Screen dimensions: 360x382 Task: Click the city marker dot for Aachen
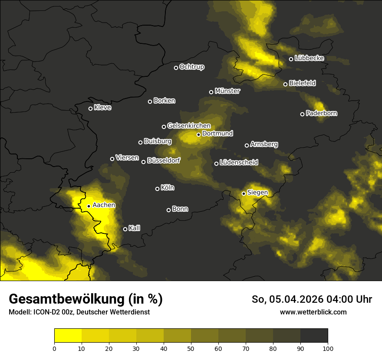89,206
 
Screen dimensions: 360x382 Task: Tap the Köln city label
167,188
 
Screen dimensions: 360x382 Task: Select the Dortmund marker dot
198,134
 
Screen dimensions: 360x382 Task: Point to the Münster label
227,91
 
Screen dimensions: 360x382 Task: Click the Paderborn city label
321,113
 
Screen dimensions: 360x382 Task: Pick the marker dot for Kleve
90,108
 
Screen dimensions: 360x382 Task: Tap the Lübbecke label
309,58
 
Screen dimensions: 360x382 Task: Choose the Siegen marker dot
244,193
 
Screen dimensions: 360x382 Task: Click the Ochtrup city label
191,67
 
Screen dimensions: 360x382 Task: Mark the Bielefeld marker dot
285,84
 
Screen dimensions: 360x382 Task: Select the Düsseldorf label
163,160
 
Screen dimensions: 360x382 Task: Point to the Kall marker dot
125,229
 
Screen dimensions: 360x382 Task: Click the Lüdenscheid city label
239,163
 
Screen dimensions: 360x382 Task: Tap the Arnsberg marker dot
247,145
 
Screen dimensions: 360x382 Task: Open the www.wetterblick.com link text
313,312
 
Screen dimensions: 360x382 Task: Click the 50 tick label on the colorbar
191,348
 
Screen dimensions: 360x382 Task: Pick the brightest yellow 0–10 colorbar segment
68,335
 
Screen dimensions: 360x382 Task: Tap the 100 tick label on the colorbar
328,348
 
